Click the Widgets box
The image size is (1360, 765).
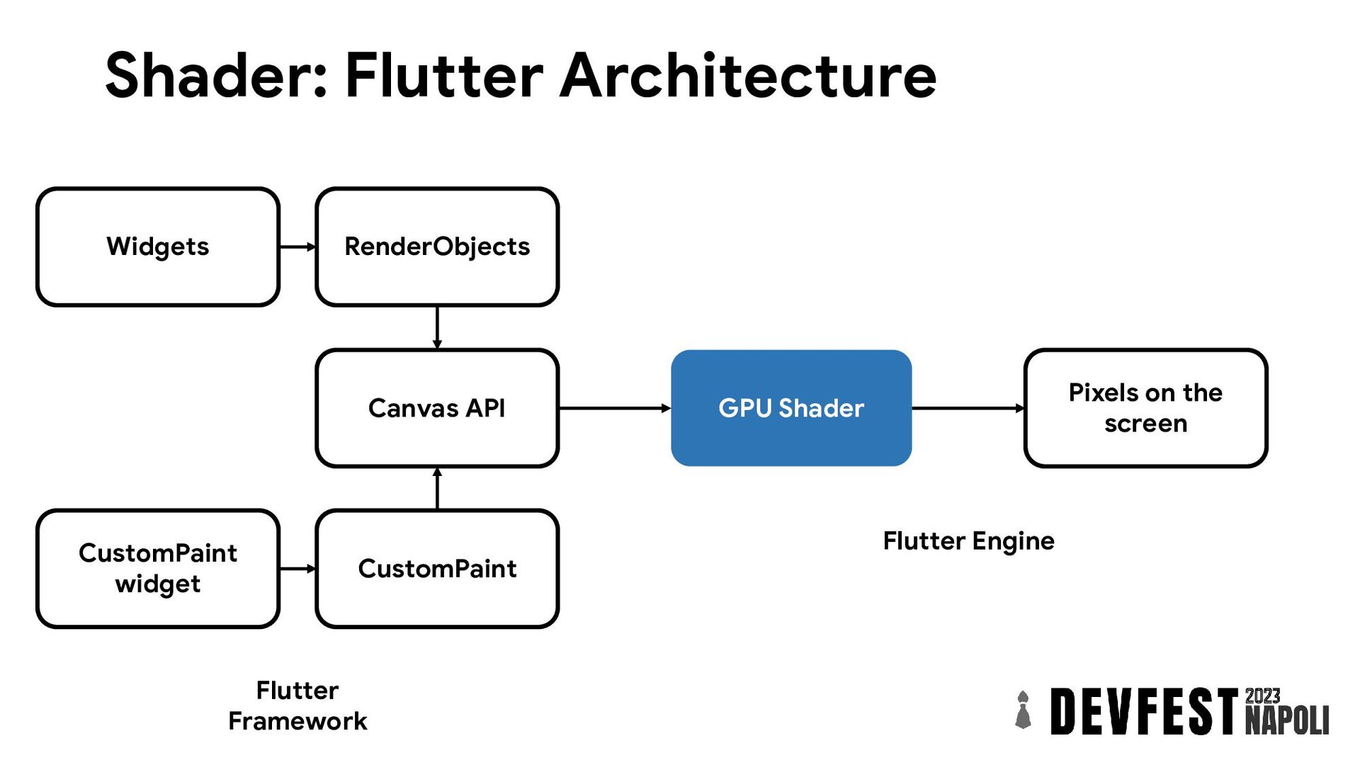click(158, 246)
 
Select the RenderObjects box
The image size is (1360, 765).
click(437, 246)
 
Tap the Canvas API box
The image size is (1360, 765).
click(437, 408)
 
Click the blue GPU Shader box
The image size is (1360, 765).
click(791, 408)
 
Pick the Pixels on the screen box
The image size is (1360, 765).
click(1145, 408)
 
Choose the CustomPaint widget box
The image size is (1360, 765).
click(158, 568)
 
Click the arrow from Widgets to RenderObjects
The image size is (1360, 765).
click(298, 246)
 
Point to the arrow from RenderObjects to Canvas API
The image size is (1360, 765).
click(437, 328)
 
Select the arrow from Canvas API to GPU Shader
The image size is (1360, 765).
click(615, 408)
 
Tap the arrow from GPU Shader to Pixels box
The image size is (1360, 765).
click(968, 408)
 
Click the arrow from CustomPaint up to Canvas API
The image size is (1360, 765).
click(437, 489)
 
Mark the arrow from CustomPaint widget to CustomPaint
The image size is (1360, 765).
click(298, 568)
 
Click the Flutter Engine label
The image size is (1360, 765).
click(968, 541)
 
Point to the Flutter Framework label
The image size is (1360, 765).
click(297, 705)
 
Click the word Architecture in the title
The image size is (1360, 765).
click(748, 76)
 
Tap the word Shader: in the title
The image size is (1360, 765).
click(217, 76)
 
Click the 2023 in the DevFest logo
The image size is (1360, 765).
click(1262, 696)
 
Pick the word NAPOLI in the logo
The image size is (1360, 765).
click(1287, 720)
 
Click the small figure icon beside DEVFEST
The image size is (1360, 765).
click(1023, 710)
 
